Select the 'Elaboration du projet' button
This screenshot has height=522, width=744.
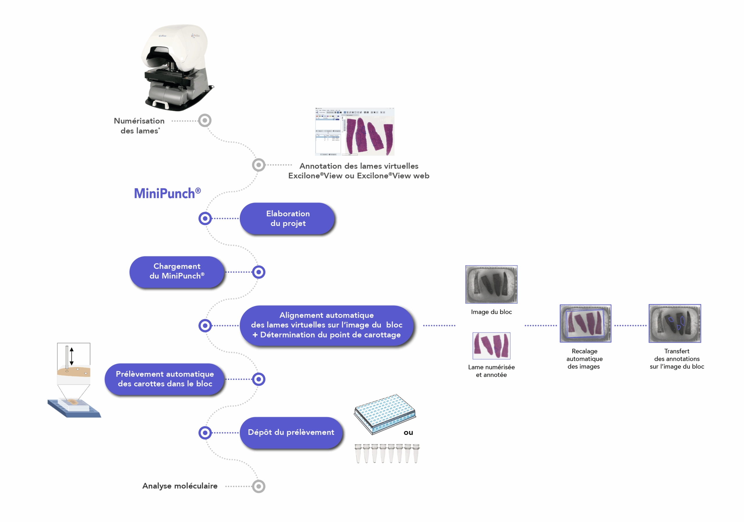287,218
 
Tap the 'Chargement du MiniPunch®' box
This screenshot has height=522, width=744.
177,272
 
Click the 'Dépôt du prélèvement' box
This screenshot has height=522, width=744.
291,432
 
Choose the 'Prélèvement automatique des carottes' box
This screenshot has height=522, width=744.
164,379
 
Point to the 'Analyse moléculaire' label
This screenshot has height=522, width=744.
180,486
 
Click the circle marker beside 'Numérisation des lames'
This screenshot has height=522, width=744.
205,121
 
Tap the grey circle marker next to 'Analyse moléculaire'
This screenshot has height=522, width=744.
259,486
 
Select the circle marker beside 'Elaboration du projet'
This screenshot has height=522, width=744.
205,218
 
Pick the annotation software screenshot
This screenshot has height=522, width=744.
355,132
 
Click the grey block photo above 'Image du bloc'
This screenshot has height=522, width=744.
491,284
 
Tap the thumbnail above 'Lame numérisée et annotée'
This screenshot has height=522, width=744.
491,345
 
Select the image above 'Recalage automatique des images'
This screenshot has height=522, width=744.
585,323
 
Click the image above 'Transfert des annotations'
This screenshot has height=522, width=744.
675,323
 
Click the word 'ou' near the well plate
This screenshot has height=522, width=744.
408,432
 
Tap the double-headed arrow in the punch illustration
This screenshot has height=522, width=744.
71,356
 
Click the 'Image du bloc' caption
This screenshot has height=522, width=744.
491,312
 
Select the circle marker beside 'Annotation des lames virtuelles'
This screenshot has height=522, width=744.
259,165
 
